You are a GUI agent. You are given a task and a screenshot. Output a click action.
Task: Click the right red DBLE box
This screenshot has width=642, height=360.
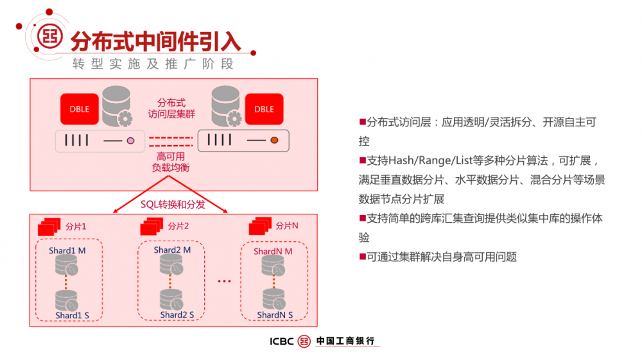pyautogui.click(x=264, y=109)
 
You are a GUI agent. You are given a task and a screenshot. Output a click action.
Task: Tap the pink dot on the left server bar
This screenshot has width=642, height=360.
pyautogui.click(x=130, y=141)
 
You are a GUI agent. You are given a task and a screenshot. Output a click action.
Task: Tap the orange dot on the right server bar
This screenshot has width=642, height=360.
pyautogui.click(x=273, y=140)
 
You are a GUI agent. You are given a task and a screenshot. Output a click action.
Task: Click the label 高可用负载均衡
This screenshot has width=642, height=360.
pyautogui.click(x=171, y=162)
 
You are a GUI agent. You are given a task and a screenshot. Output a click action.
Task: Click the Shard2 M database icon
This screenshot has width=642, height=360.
pyautogui.click(x=171, y=264)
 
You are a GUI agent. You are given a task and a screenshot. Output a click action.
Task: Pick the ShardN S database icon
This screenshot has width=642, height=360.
pyautogui.click(x=274, y=299)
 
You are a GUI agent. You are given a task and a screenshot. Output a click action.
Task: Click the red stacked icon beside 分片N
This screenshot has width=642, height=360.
pyautogui.click(x=260, y=227)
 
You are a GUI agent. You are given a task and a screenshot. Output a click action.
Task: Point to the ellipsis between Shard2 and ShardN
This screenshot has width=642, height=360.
pyautogui.click(x=223, y=281)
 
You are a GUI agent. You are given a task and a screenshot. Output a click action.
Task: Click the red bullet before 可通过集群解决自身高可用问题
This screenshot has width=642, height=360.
pyautogui.click(x=362, y=257)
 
